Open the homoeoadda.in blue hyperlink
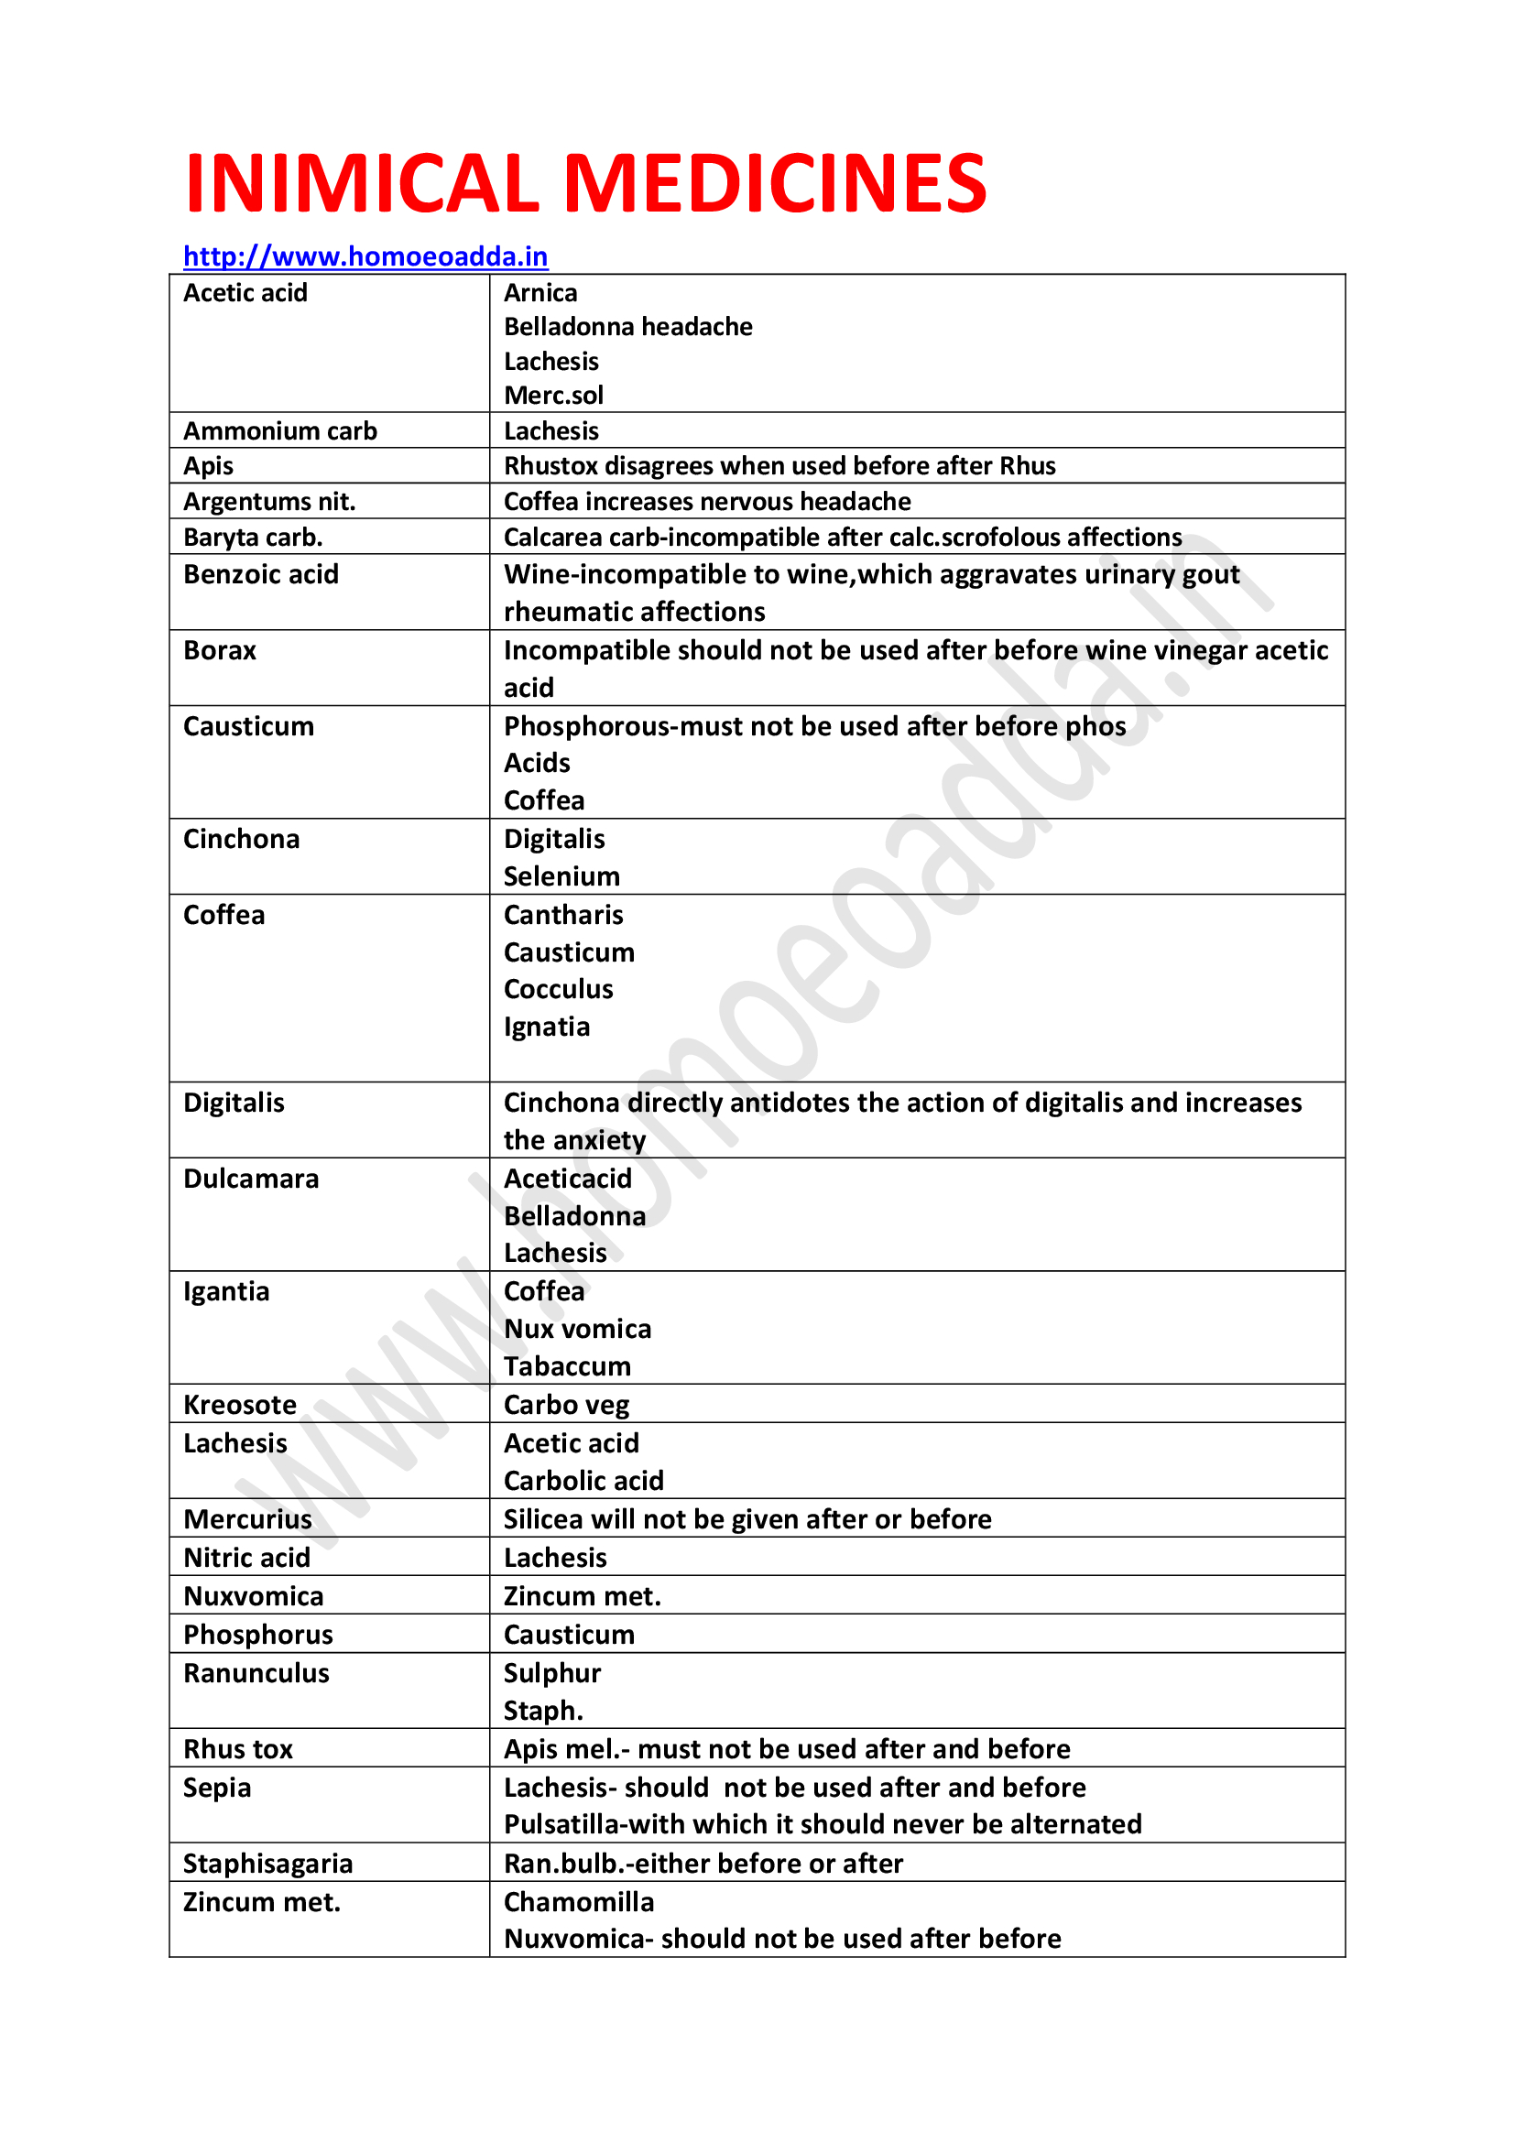[x=365, y=256]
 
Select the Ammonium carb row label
[x=280, y=431]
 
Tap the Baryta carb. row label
[x=253, y=538]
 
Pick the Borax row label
[x=219, y=650]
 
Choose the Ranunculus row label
[x=256, y=1673]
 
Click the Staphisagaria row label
[x=267, y=1863]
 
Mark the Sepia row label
[x=217, y=1788]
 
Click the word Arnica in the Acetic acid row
[x=540, y=293]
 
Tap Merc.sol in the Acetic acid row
[x=553, y=396]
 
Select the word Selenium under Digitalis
[x=561, y=876]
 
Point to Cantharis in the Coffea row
[x=563, y=914]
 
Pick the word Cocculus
[x=558, y=989]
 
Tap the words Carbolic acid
[x=583, y=1481]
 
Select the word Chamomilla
[x=578, y=1901]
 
